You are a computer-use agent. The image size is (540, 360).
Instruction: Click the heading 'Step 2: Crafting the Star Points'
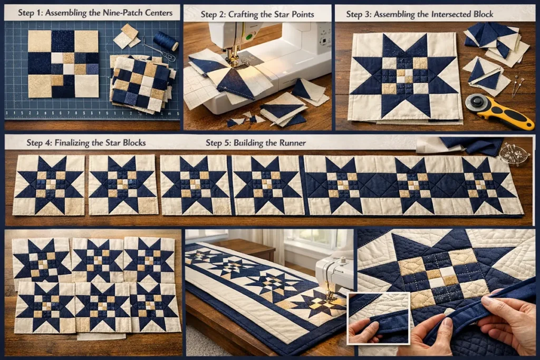click(257, 14)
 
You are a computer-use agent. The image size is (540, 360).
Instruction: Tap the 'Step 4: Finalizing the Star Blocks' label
click(86, 143)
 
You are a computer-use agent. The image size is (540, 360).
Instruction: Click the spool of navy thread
click(166, 41)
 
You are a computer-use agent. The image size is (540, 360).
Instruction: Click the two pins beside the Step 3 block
click(517, 86)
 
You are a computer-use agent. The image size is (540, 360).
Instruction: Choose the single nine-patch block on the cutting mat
click(63, 64)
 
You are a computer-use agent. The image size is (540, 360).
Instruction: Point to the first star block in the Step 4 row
click(49, 184)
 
